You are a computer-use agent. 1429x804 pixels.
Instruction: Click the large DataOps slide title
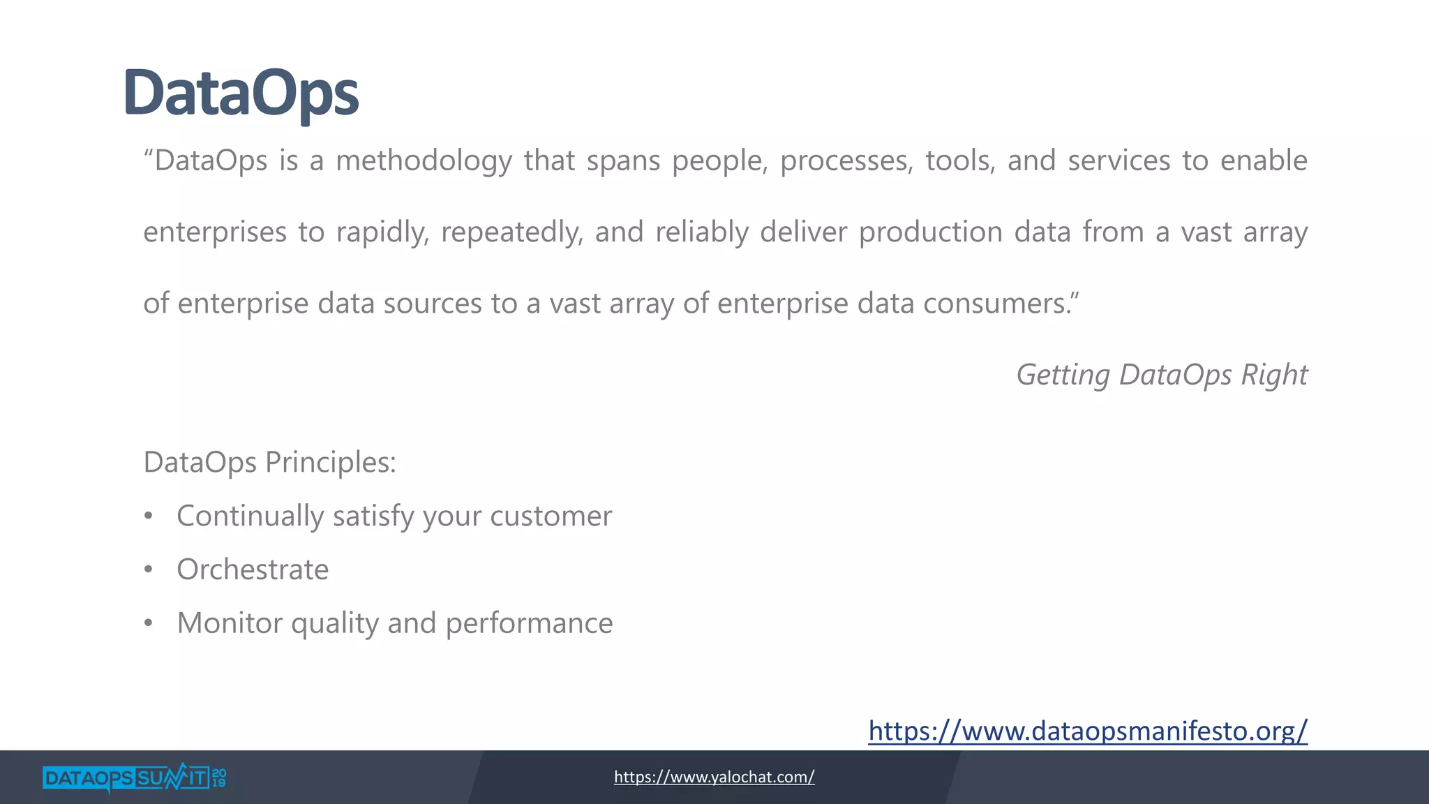tap(241, 93)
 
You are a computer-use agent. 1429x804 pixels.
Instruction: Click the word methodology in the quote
tap(424, 161)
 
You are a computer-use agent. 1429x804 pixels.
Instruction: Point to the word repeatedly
tap(511, 232)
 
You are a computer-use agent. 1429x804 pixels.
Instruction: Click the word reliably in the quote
tap(701, 232)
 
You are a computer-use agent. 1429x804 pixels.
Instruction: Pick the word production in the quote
tap(930, 232)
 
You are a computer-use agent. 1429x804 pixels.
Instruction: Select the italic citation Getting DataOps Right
tap(1161, 375)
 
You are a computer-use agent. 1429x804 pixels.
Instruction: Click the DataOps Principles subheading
tap(269, 462)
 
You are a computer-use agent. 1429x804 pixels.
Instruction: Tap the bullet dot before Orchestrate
tap(148, 570)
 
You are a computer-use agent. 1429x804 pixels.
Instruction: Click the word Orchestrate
tap(253, 569)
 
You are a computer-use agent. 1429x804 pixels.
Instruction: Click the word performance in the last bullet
tap(529, 623)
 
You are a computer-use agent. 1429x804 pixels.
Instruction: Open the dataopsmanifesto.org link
tap(1087, 731)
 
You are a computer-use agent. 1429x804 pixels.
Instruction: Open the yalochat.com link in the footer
tap(714, 777)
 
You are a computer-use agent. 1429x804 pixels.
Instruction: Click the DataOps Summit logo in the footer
tap(126, 777)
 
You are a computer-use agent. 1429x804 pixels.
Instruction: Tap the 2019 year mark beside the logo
tap(219, 777)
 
